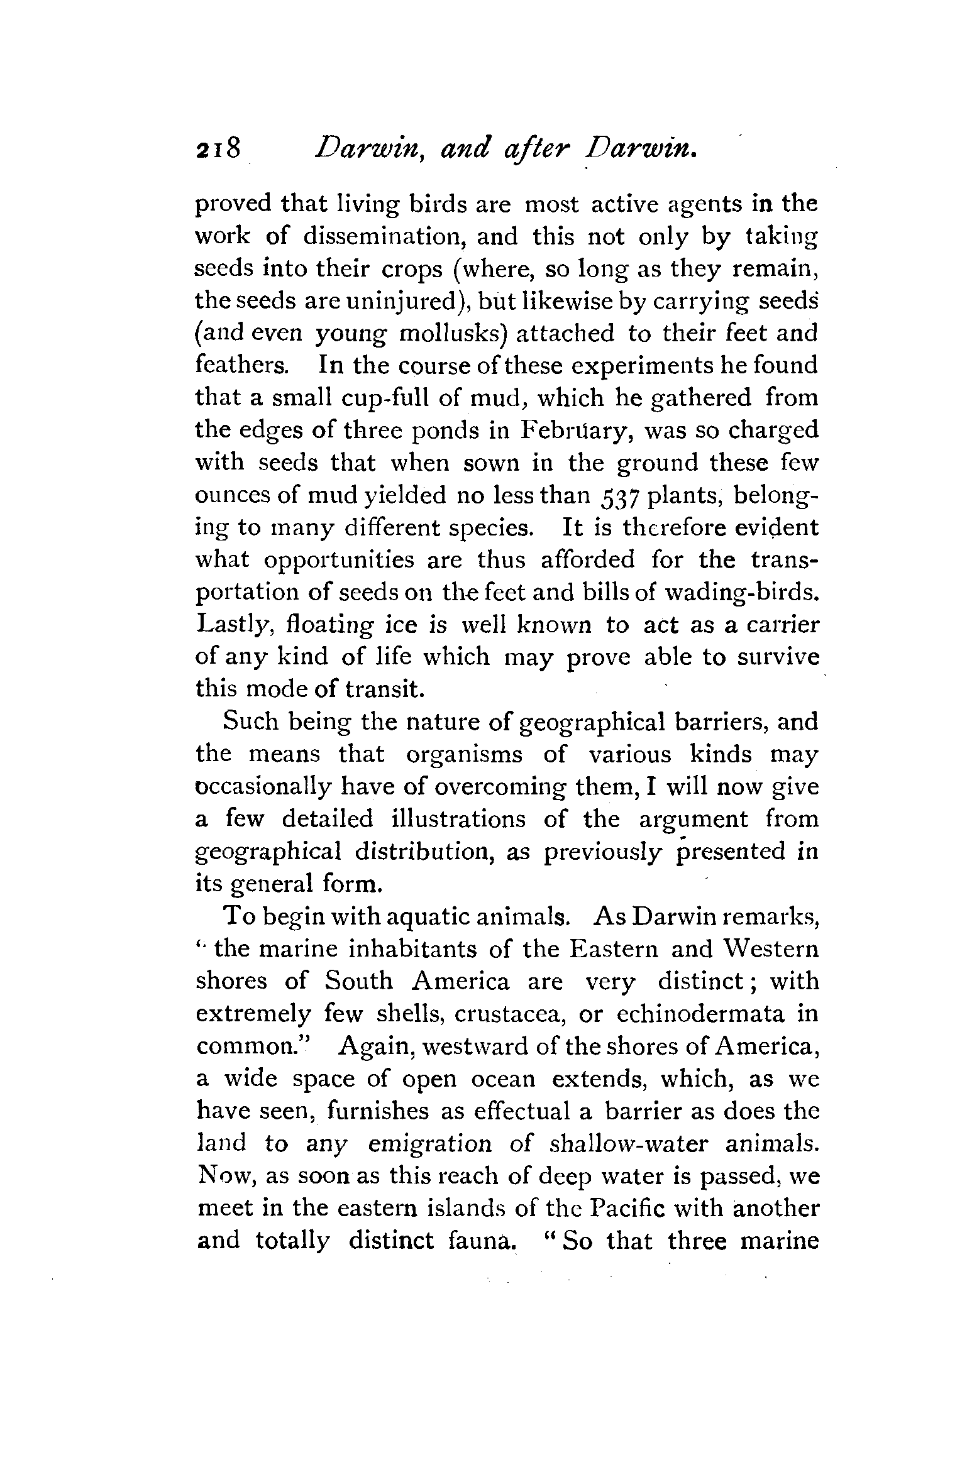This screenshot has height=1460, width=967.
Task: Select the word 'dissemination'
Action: coord(383,236)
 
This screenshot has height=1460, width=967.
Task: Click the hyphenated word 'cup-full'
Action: coord(386,398)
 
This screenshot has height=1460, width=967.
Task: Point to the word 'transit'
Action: coord(384,689)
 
